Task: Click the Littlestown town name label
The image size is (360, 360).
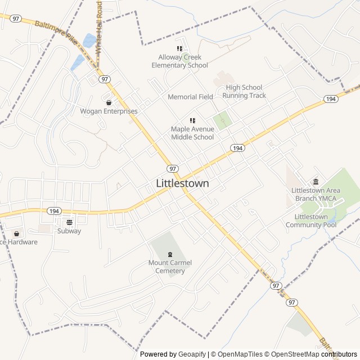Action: (182, 183)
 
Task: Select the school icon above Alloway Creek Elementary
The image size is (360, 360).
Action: (180, 49)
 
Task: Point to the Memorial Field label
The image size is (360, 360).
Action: (190, 97)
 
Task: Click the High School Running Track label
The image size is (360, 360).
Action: (244, 91)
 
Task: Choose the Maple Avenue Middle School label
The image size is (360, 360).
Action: (192, 133)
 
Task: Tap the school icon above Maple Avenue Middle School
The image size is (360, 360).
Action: (192, 120)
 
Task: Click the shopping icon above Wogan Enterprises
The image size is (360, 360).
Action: (109, 102)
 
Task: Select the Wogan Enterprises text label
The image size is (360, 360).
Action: (109, 111)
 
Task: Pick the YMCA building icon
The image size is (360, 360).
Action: (316, 181)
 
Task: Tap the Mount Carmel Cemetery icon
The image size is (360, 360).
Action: (170, 254)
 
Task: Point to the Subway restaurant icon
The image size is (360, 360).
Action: (69, 222)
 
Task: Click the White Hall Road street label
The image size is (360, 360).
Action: (99, 27)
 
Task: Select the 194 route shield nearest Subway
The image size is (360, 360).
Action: (54, 211)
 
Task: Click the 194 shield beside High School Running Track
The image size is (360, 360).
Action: (331, 99)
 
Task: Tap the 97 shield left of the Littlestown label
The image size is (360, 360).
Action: (173, 169)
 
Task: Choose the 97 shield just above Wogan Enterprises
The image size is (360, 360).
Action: (105, 79)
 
